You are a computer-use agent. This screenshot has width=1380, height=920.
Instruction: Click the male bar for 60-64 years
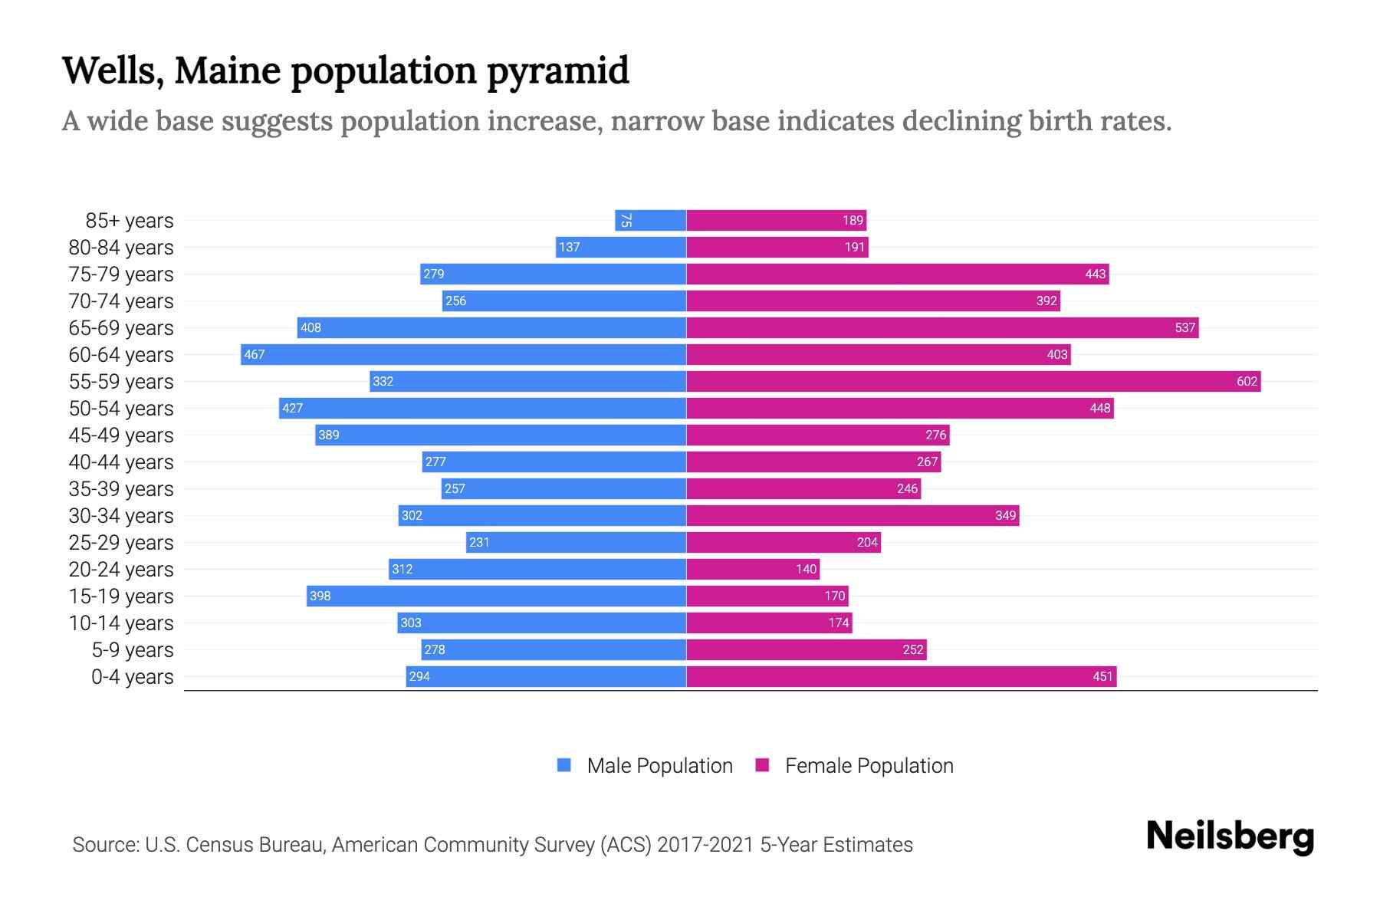coord(463,354)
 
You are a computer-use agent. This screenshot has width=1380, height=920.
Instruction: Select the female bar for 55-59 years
coord(973,381)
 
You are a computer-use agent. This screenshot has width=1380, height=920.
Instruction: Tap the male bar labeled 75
coord(650,220)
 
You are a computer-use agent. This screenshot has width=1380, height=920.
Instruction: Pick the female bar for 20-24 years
coord(753,569)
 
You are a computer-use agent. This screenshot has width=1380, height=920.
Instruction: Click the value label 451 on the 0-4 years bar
coord(1102,676)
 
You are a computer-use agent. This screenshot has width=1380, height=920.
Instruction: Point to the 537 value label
coord(1184,327)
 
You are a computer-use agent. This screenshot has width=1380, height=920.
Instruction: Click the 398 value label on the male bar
coord(320,596)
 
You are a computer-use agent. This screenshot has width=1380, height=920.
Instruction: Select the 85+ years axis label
coord(129,221)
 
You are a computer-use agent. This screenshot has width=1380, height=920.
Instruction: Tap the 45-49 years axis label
coord(121,435)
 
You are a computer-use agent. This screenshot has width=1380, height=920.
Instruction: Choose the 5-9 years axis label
coord(132,650)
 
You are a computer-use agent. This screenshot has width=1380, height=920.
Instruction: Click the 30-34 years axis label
coord(121,516)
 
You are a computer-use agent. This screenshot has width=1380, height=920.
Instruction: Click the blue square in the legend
coord(564,765)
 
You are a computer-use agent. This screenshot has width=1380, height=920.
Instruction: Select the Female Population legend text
coord(869,766)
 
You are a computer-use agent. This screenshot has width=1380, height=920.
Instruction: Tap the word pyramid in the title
coord(557,71)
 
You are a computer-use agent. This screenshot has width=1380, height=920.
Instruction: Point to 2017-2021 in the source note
coord(705,845)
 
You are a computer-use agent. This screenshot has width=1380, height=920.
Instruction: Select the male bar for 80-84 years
coord(620,247)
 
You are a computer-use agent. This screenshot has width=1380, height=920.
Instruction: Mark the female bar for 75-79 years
coord(897,274)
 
